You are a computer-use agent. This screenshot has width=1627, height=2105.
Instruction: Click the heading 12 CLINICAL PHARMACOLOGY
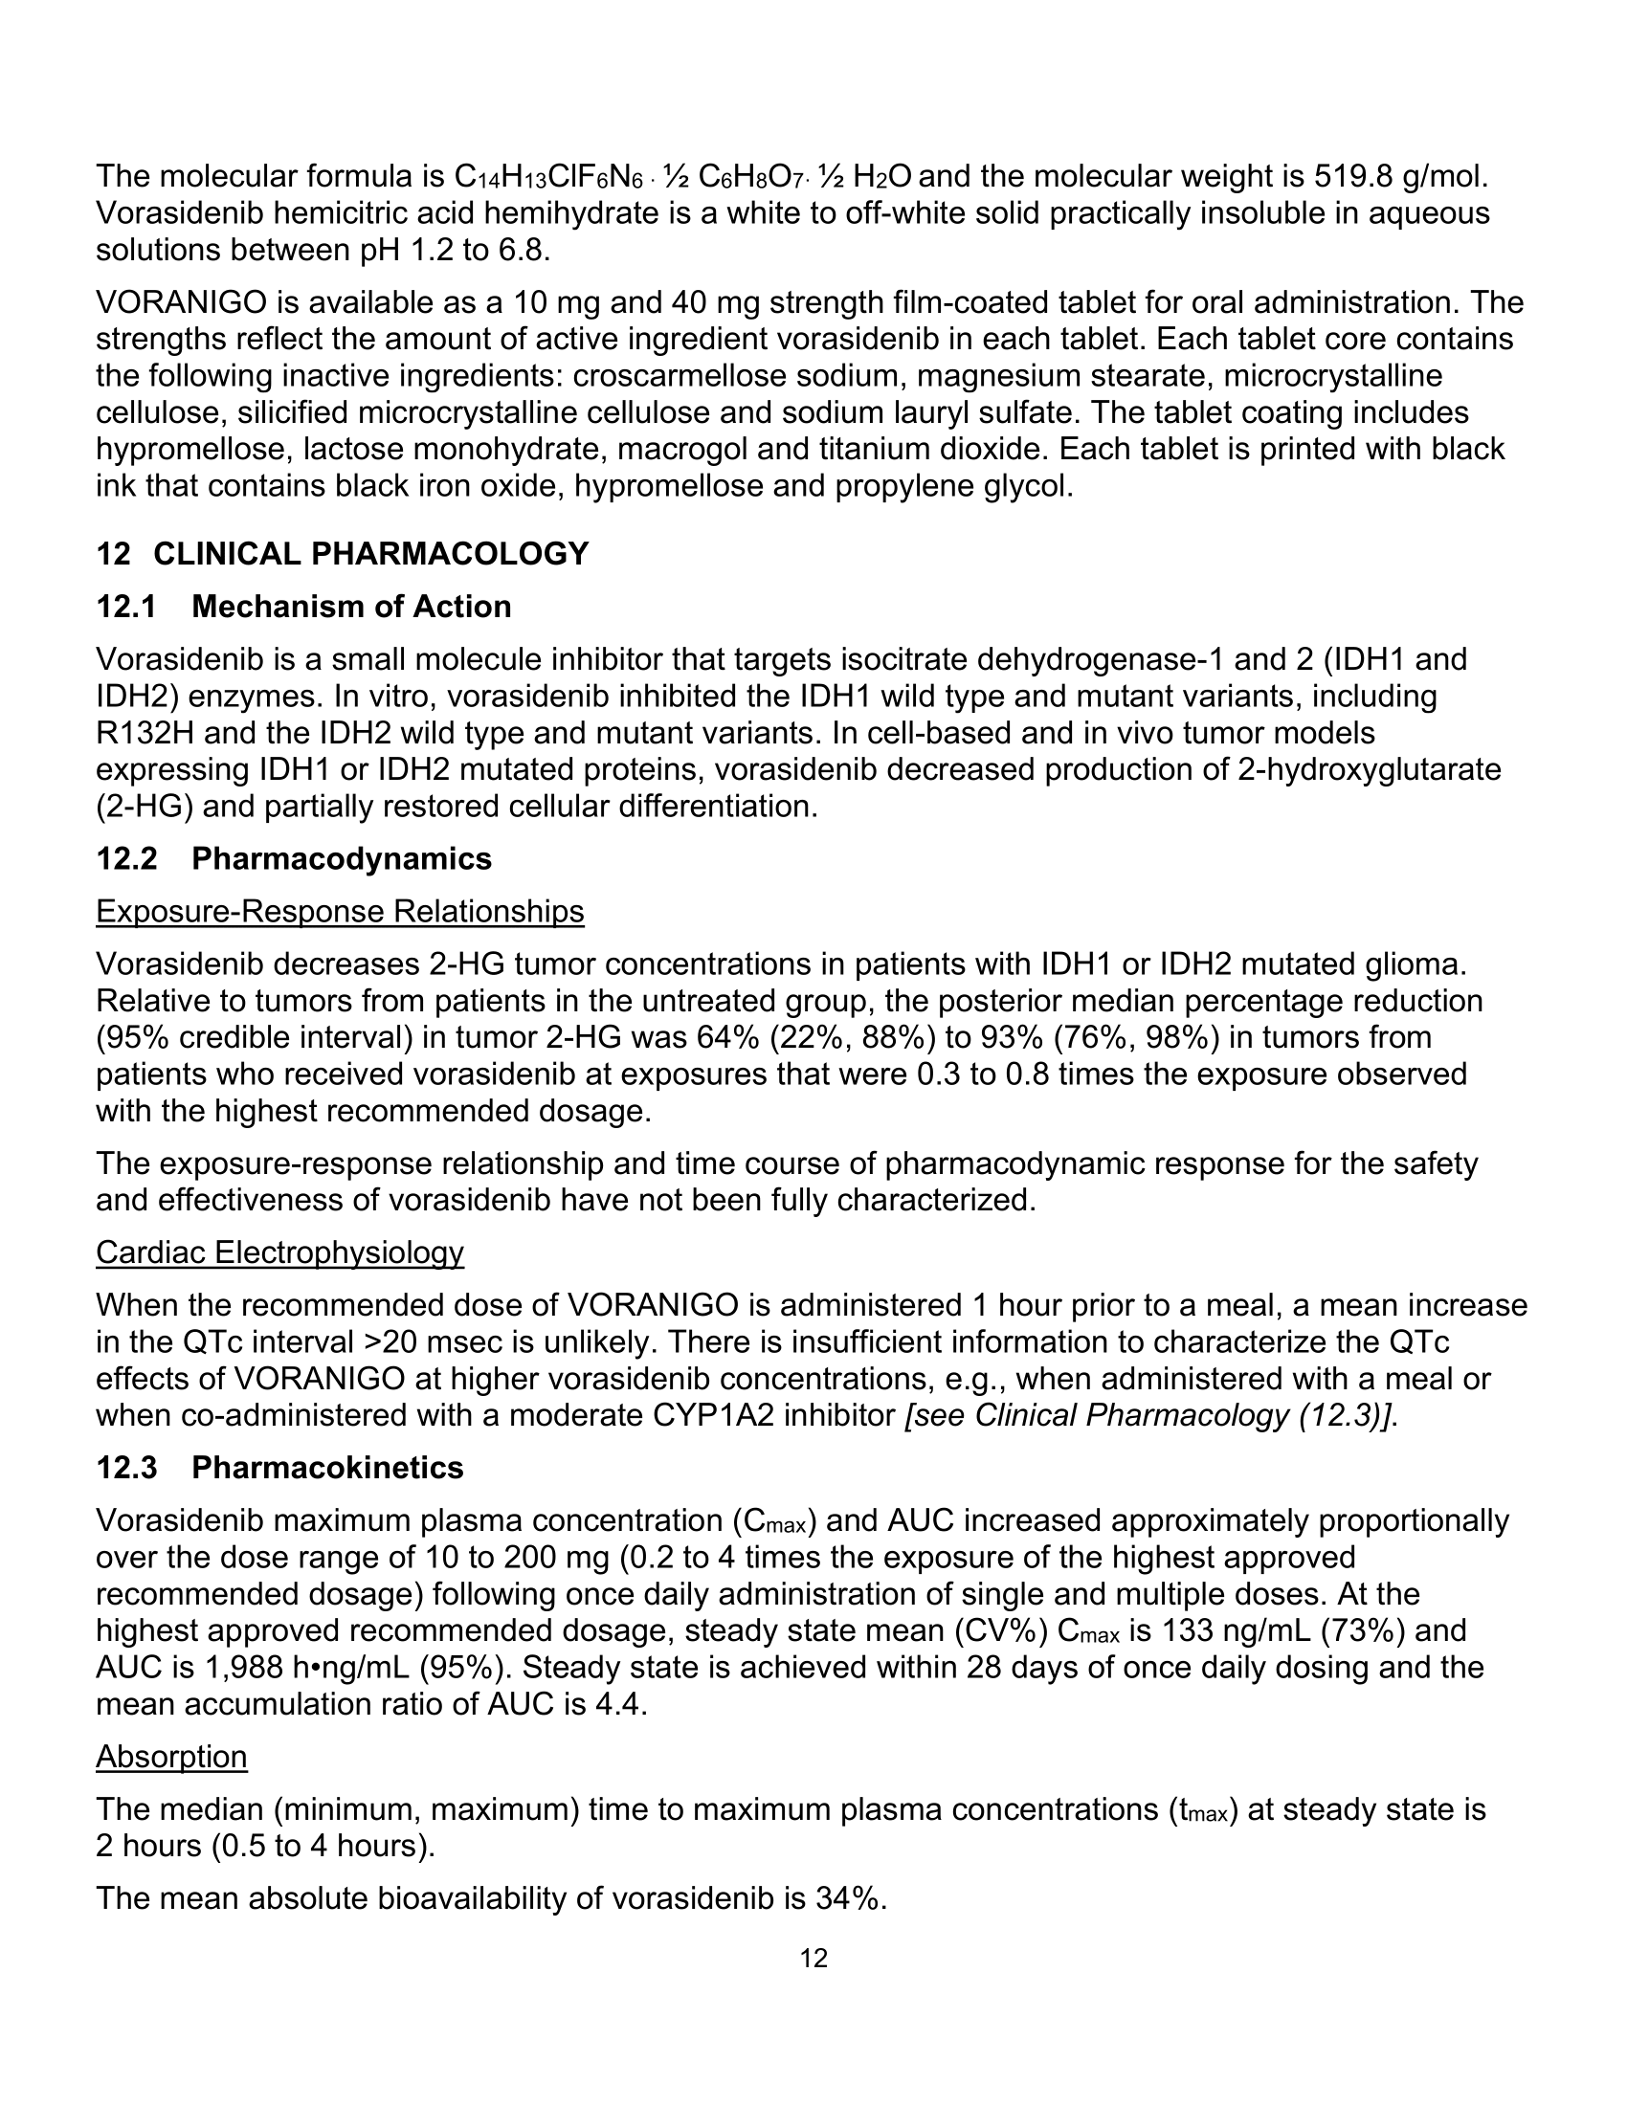pos(343,554)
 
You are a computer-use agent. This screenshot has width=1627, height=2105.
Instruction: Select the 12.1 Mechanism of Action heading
pos(303,608)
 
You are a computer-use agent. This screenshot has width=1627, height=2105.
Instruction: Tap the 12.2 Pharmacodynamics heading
pos(294,859)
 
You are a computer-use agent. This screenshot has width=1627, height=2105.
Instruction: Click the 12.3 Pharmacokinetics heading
pos(279,1468)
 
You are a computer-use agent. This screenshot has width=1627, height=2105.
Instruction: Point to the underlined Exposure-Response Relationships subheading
pos(340,912)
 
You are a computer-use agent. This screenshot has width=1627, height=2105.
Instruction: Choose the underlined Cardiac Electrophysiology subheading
pos(279,1253)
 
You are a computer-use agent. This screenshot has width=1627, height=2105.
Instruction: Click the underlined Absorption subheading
pos(171,1757)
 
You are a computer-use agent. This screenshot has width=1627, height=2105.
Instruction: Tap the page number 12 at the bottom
pos(813,1959)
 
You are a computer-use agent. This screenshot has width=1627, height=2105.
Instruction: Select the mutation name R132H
pos(143,734)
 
